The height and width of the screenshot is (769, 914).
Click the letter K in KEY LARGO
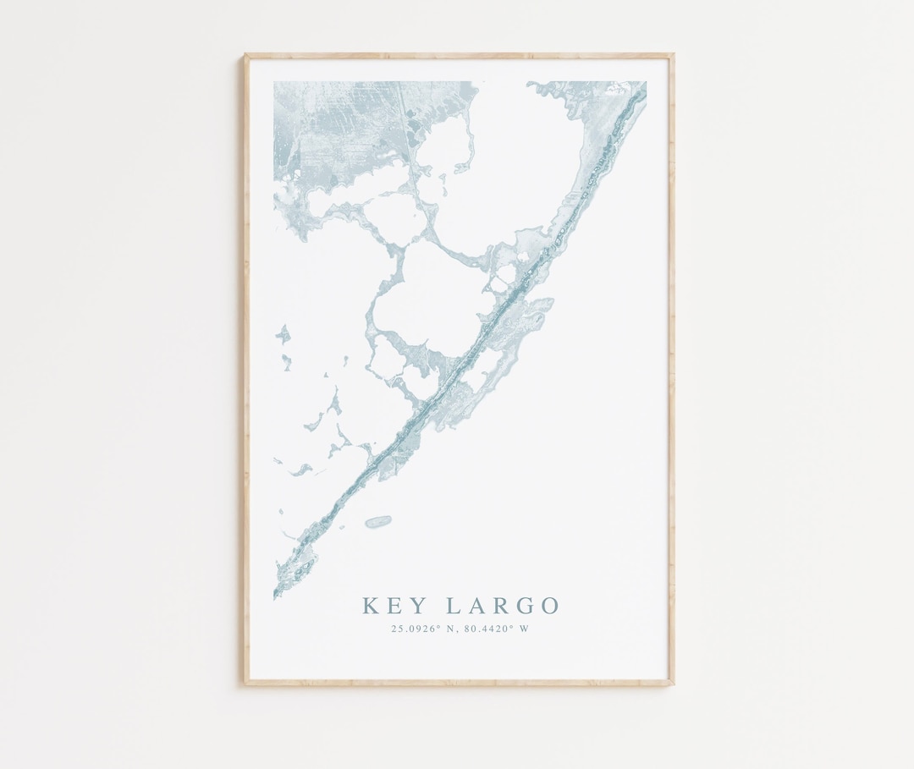(371, 606)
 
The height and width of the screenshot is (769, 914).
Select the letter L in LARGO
(453, 606)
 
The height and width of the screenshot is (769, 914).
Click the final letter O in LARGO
(548, 606)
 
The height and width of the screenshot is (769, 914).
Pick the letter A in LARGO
(476, 606)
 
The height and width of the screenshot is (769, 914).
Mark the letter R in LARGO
(499, 606)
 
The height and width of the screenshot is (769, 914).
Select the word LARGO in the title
(501, 606)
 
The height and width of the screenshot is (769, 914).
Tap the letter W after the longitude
(525, 629)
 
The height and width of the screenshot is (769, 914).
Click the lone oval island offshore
(378, 522)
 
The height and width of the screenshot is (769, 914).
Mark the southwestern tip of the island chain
(275, 596)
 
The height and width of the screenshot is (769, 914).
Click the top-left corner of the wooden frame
(245, 55)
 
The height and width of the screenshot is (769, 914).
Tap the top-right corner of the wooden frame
(673, 55)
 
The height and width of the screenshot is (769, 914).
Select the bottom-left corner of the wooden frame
(246, 683)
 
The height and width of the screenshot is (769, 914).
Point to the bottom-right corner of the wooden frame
(673, 683)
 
